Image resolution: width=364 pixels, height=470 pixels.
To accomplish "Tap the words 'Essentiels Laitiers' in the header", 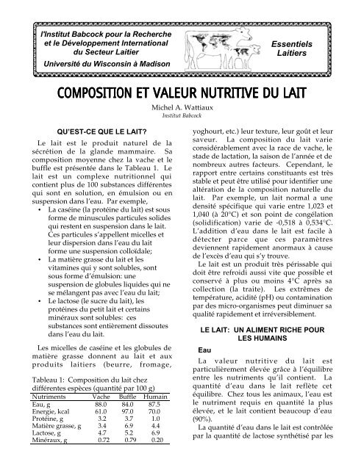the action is click(x=313, y=48).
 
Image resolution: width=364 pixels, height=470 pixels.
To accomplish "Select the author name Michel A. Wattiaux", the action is click(x=182, y=108).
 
